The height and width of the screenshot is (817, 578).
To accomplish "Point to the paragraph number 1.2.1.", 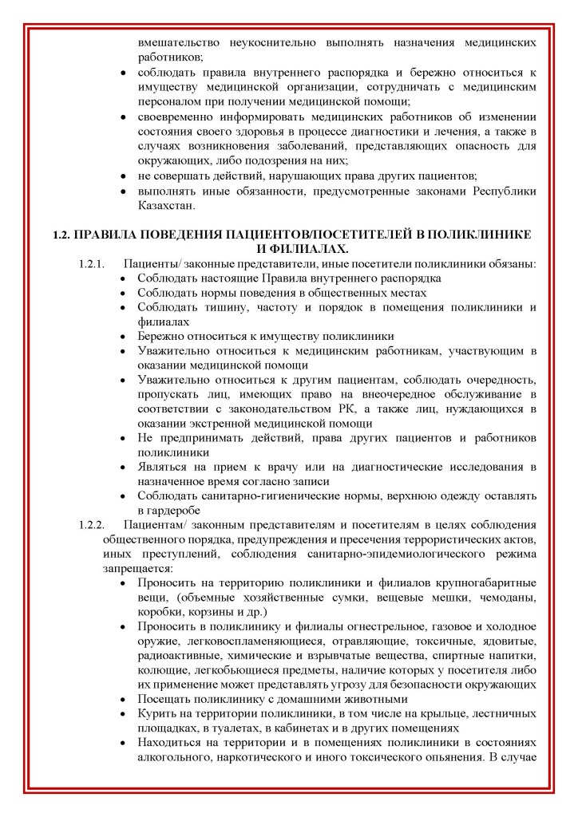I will coord(92,263).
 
